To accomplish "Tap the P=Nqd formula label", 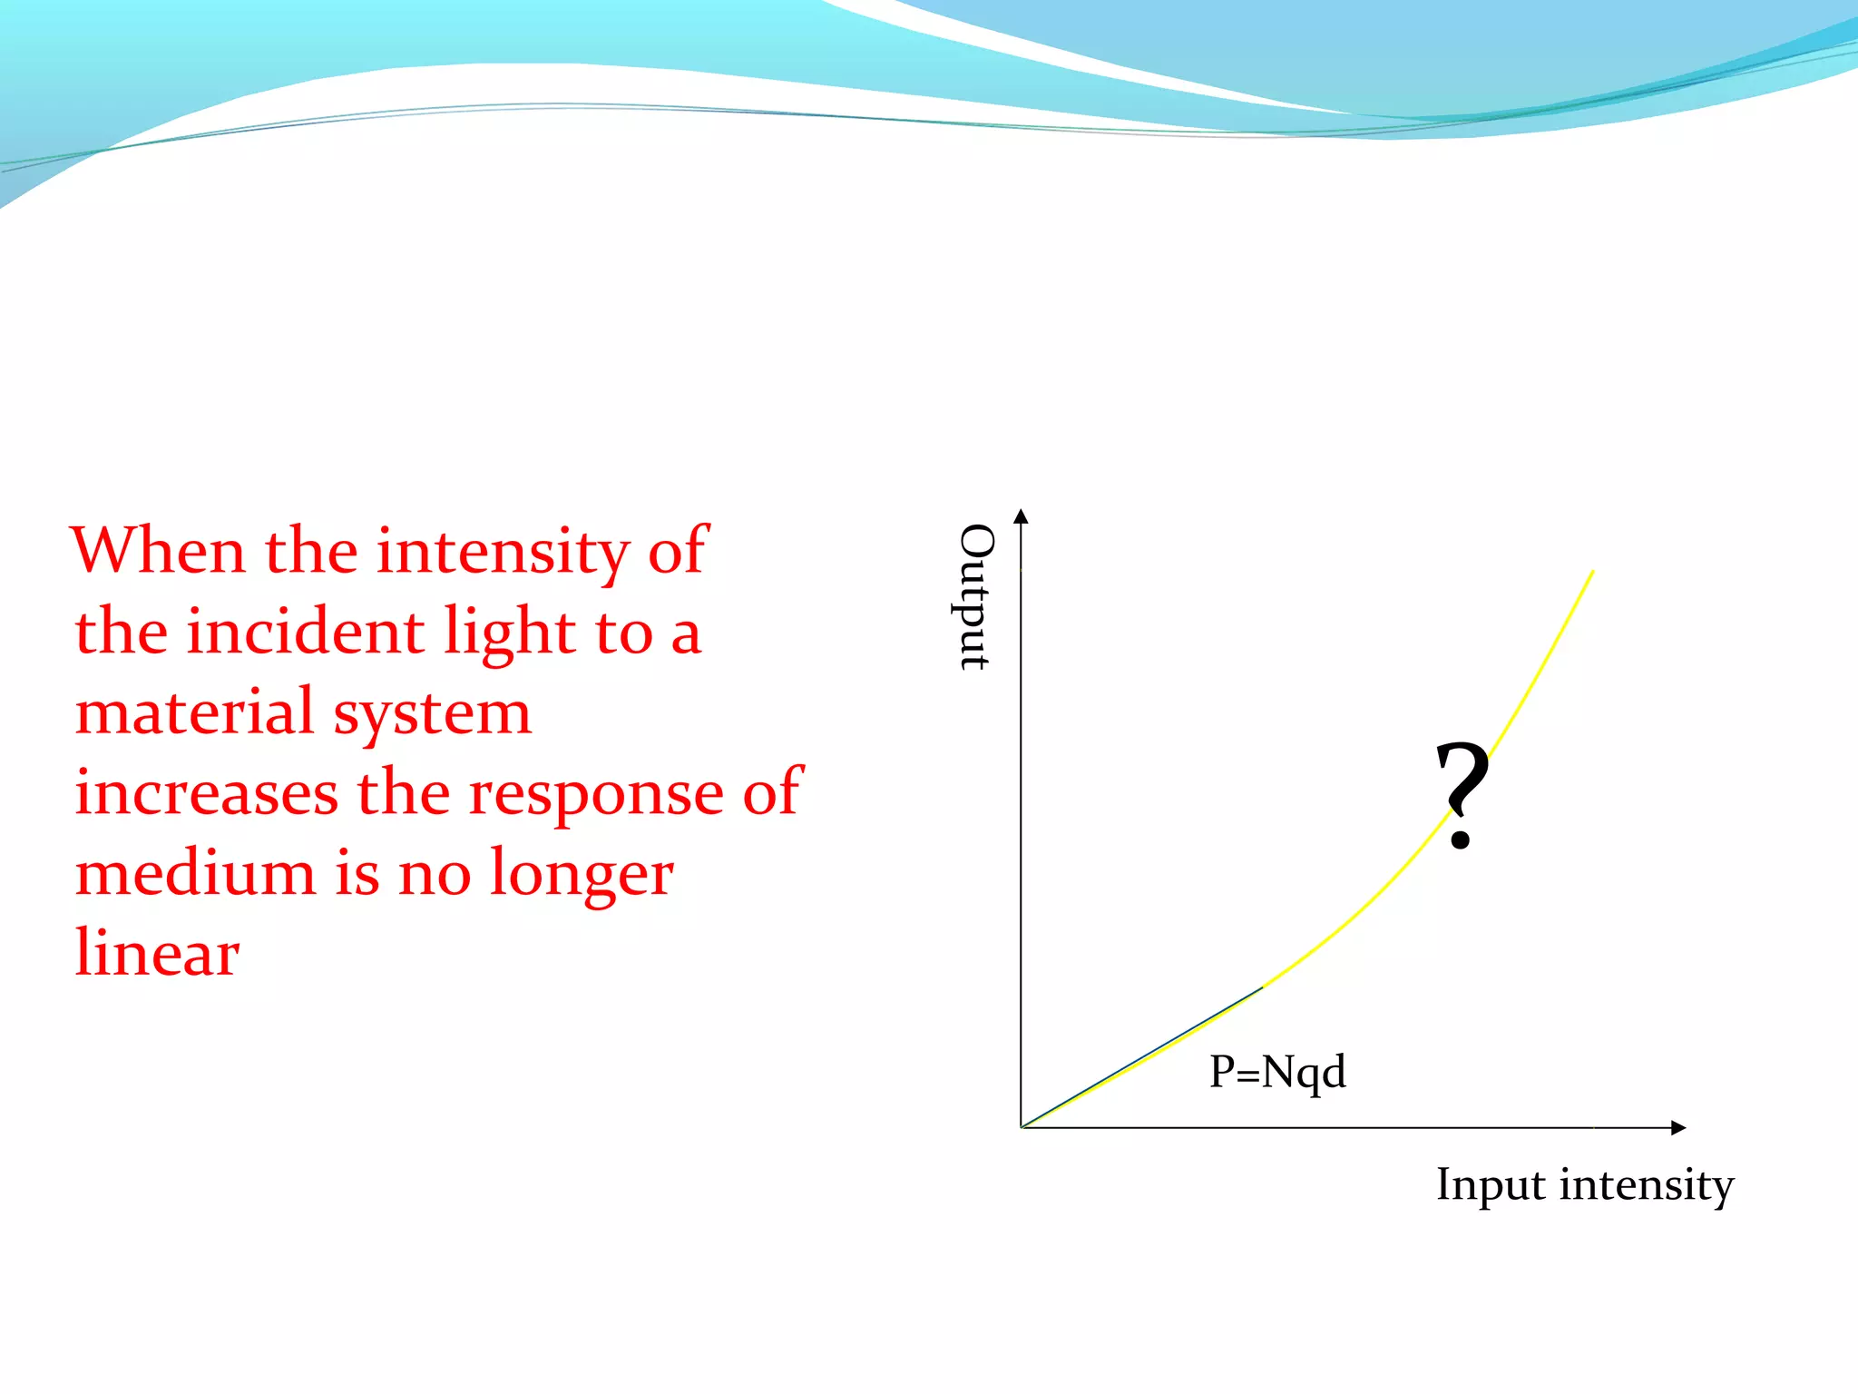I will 1277,1073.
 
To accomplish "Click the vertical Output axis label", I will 976,597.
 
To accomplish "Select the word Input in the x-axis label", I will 1491,1186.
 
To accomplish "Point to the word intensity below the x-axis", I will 1647,1186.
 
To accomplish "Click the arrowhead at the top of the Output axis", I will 1021,516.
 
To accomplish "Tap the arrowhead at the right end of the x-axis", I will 1678,1128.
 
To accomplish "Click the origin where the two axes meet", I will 1022,1127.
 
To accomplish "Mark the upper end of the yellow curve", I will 1591,573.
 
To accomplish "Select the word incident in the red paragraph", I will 305,633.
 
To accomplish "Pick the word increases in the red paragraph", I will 206,793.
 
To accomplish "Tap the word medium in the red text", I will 194,874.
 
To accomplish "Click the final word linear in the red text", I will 157,954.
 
